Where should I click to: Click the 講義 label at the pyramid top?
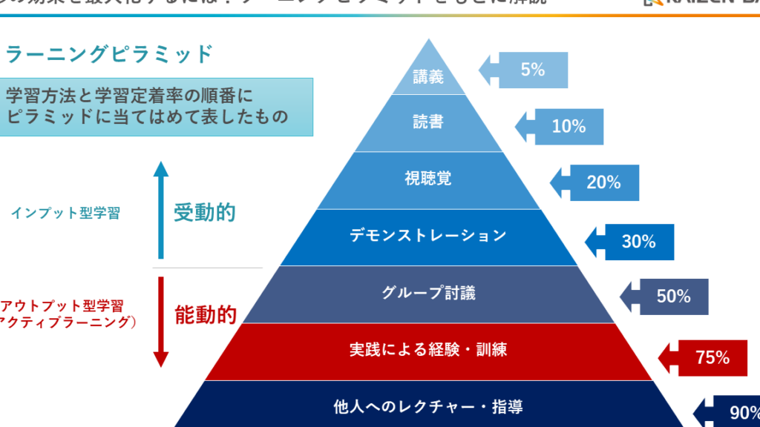tap(428, 76)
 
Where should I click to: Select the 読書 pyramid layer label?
tap(428, 122)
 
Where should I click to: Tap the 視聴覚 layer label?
tap(428, 179)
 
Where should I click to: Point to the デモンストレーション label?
tap(428, 236)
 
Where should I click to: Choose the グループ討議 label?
tap(428, 293)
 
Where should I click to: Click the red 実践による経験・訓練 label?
tap(428, 349)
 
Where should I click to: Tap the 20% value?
tap(603, 182)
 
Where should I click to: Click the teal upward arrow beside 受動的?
tap(160, 211)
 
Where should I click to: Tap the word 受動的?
tap(204, 213)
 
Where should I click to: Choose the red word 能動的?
tap(205, 315)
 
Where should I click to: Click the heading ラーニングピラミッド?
tap(109, 54)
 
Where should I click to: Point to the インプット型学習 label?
tap(65, 213)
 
